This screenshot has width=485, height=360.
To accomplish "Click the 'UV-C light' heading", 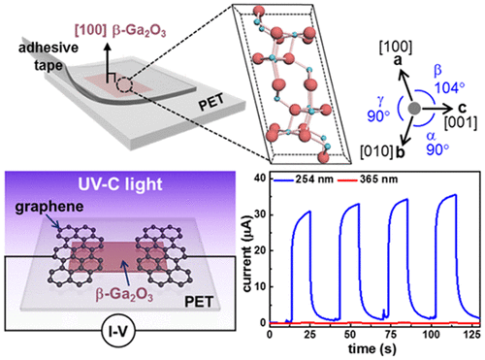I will [x=109, y=181].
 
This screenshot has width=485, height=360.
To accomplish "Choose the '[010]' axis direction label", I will [x=386, y=152].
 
